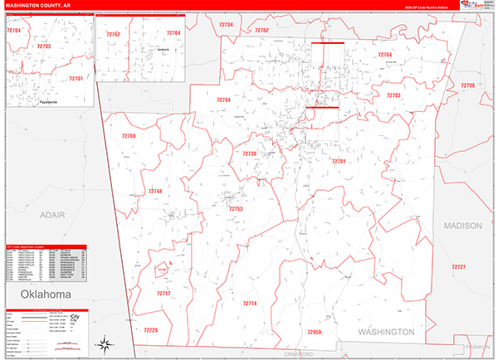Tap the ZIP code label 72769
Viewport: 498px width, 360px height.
pyautogui.click(x=128, y=135)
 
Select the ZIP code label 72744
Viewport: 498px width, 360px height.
pyautogui.click(x=155, y=191)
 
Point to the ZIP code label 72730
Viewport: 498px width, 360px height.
pyautogui.click(x=249, y=153)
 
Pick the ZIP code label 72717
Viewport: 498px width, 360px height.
pyautogui.click(x=164, y=294)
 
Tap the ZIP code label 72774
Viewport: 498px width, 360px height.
pyautogui.click(x=250, y=304)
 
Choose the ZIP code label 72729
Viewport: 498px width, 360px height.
pyautogui.click(x=150, y=330)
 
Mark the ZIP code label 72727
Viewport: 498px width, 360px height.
pyautogui.click(x=459, y=266)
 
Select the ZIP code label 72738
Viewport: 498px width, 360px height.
pyautogui.click(x=467, y=85)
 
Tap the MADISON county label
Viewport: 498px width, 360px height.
pyautogui.click(x=462, y=226)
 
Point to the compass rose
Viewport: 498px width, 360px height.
pyautogui.click(x=105, y=344)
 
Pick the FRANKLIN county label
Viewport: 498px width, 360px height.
pyautogui.click(x=478, y=346)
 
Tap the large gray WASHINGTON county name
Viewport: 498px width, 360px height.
pyautogui.click(x=386, y=332)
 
